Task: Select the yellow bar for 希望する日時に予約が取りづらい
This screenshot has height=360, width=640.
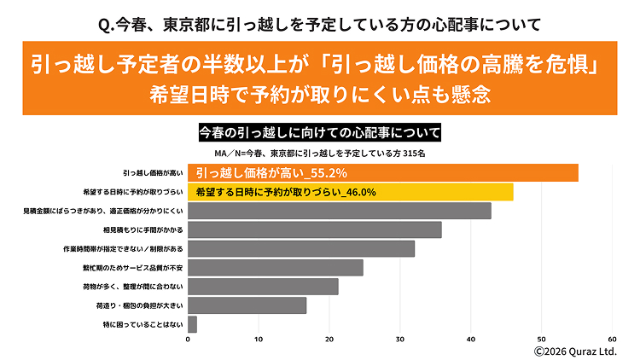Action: click(x=350, y=192)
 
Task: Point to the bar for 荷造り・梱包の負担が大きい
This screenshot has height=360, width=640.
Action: click(x=247, y=305)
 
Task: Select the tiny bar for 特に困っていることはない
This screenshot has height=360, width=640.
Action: click(x=192, y=324)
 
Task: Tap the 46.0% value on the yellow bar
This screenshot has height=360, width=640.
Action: click(x=358, y=192)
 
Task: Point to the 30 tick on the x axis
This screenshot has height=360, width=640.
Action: click(x=400, y=339)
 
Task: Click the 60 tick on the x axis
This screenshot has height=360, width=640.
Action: click(x=612, y=339)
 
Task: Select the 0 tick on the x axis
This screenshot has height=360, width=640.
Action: click(x=188, y=339)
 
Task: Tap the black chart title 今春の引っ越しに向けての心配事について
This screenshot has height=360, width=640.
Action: click(x=320, y=133)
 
